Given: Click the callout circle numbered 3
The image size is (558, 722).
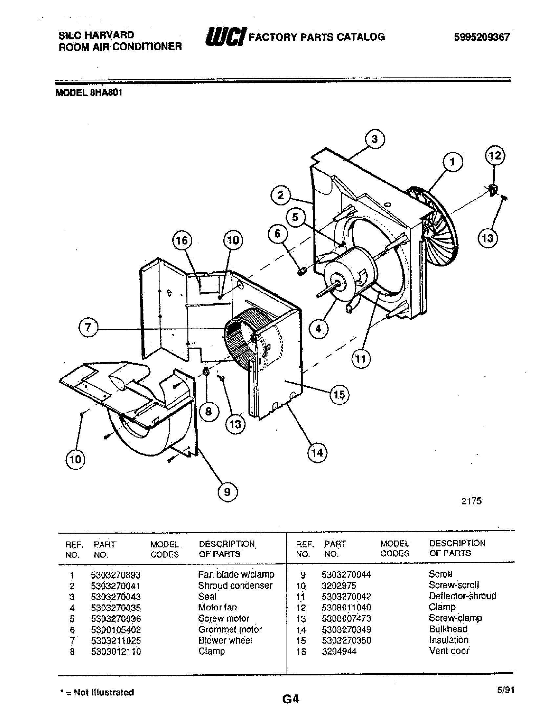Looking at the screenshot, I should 375,139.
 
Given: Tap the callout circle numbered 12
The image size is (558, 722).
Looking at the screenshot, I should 495,156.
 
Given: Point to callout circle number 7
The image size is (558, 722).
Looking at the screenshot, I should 88,327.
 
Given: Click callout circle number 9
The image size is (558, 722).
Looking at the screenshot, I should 227,492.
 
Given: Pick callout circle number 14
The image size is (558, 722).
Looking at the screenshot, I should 317,453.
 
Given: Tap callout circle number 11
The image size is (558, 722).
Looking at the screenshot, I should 361,359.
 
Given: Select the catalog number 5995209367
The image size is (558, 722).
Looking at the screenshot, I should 482,37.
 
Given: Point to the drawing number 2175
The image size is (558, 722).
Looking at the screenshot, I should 471,501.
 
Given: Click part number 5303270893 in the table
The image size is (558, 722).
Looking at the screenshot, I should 116,575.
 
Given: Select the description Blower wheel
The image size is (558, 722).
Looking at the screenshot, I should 225,640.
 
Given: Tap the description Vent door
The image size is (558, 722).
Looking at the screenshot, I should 449,651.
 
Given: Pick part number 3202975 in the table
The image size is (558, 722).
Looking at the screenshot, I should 339,586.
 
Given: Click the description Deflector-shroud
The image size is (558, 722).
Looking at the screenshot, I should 462,596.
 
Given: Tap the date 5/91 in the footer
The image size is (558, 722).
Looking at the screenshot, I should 505,690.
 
